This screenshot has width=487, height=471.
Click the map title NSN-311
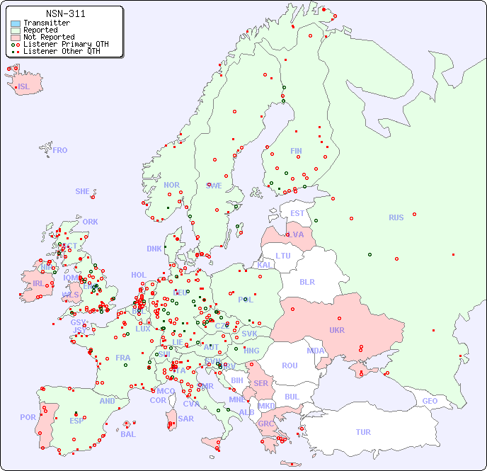(x=65, y=13)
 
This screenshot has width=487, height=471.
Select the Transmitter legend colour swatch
(x=16, y=23)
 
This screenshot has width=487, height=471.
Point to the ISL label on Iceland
(x=24, y=87)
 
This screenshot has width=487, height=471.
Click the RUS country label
(x=396, y=217)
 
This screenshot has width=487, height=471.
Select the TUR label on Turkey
(x=363, y=432)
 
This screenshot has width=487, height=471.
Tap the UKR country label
(x=337, y=330)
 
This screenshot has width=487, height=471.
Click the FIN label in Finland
(x=296, y=151)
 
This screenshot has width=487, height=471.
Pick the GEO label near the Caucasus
(x=430, y=401)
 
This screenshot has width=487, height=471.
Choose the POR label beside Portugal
(x=28, y=417)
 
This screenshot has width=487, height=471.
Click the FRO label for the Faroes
(x=60, y=150)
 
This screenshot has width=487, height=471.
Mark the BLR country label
(x=306, y=282)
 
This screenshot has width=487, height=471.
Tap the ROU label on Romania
(x=290, y=365)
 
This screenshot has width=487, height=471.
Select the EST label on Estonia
(x=297, y=213)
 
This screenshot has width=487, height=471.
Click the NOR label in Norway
(x=171, y=185)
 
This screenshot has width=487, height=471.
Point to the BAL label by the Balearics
(x=127, y=434)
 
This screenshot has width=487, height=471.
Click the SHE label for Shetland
(x=83, y=191)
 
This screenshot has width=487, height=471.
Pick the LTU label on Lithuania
(x=283, y=256)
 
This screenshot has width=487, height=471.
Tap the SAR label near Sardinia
(x=185, y=419)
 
